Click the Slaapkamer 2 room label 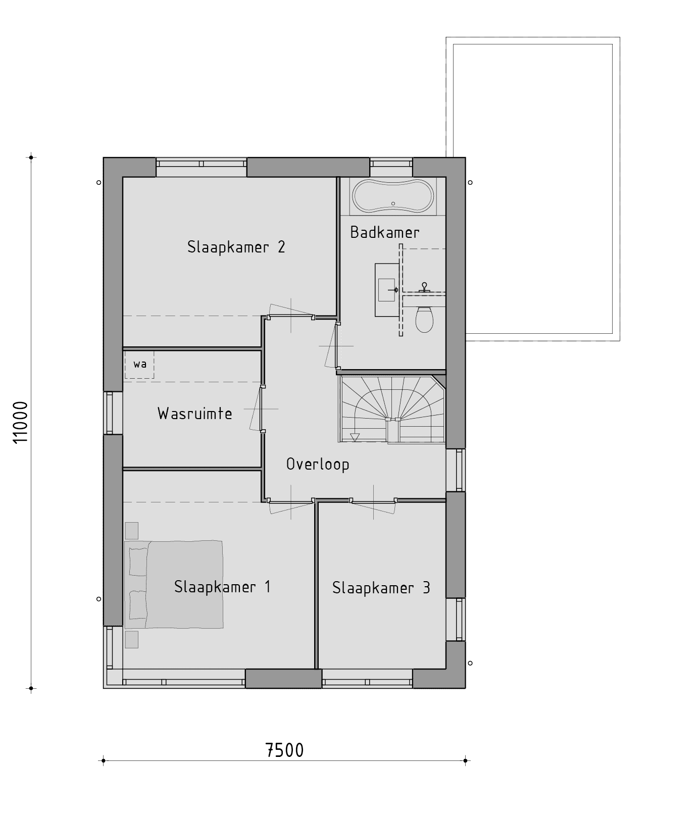(236, 247)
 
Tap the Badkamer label (384, 232)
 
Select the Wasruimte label (195, 414)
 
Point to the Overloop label (318, 464)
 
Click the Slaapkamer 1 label (222, 587)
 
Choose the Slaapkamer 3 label (381, 588)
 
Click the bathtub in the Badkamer (393, 197)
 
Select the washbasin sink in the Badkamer (387, 290)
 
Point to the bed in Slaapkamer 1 (174, 584)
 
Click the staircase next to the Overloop (393, 408)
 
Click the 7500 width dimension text (284, 750)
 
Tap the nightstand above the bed (132, 531)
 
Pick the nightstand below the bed (132, 639)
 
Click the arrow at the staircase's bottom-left (356, 437)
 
